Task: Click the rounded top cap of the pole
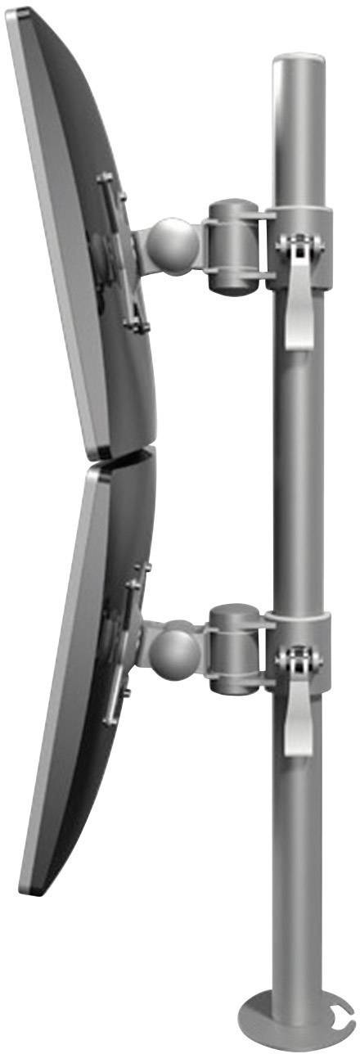click(299, 64)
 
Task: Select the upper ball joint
click(172, 245)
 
